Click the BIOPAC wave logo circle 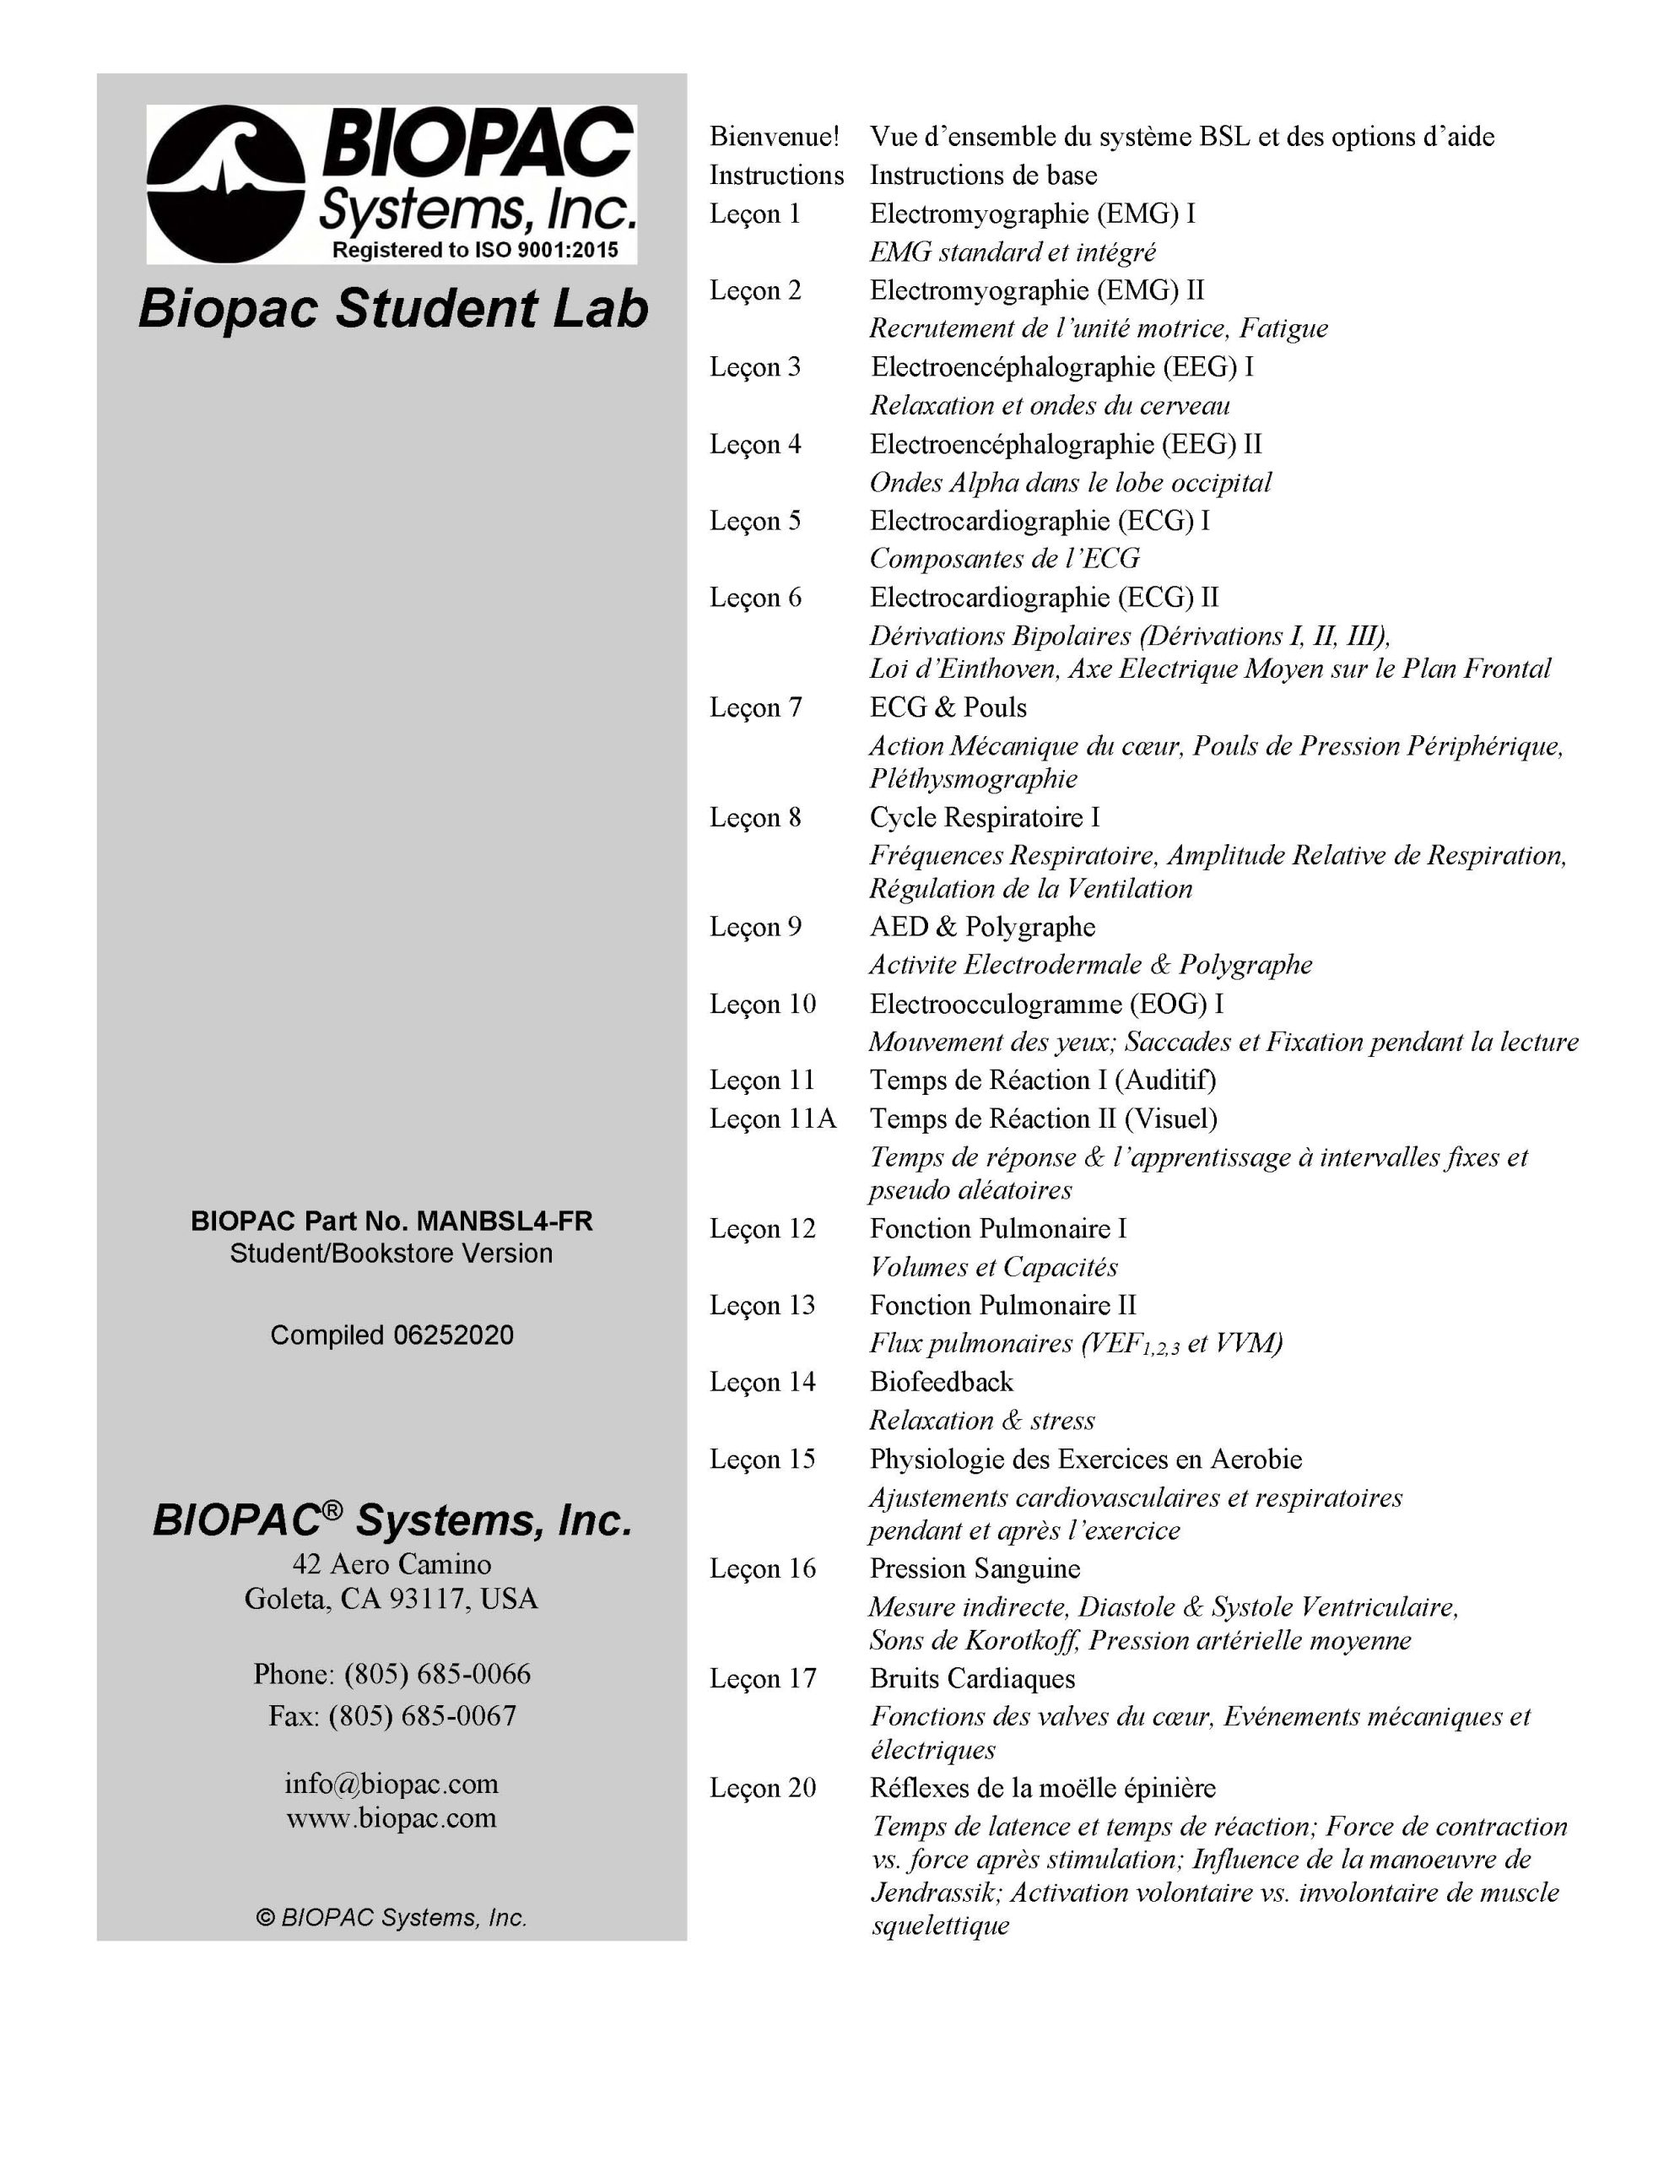click(x=224, y=184)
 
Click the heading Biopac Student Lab click(x=392, y=309)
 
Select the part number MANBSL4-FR click(x=505, y=1221)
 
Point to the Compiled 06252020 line click(x=392, y=1335)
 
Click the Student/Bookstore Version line click(x=392, y=1254)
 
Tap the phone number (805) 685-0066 click(x=436, y=1673)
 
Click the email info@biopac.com click(x=392, y=1783)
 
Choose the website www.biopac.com click(x=392, y=1817)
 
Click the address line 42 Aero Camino click(x=392, y=1564)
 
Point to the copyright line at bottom click(x=392, y=1918)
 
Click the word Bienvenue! click(x=774, y=137)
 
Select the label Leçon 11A click(x=773, y=1119)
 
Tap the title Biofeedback click(x=941, y=1383)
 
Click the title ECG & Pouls click(x=948, y=707)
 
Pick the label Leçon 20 click(x=763, y=1788)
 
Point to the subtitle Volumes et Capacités click(x=993, y=1268)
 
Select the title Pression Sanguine click(x=975, y=1568)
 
